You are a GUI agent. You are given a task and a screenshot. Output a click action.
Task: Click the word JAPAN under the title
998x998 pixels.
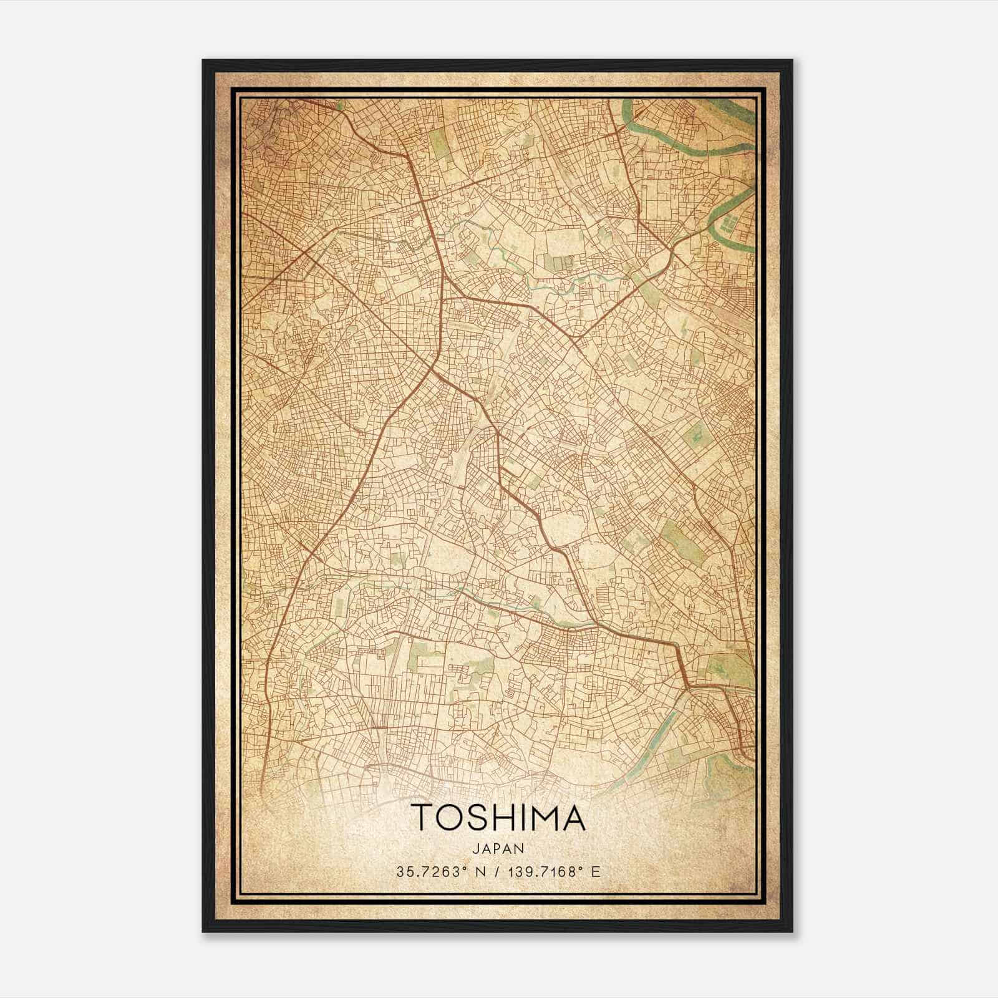[498, 848]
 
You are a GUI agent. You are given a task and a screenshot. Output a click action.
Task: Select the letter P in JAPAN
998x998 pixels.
[498, 848]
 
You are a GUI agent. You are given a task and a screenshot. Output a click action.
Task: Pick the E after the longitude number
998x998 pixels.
[596, 871]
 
